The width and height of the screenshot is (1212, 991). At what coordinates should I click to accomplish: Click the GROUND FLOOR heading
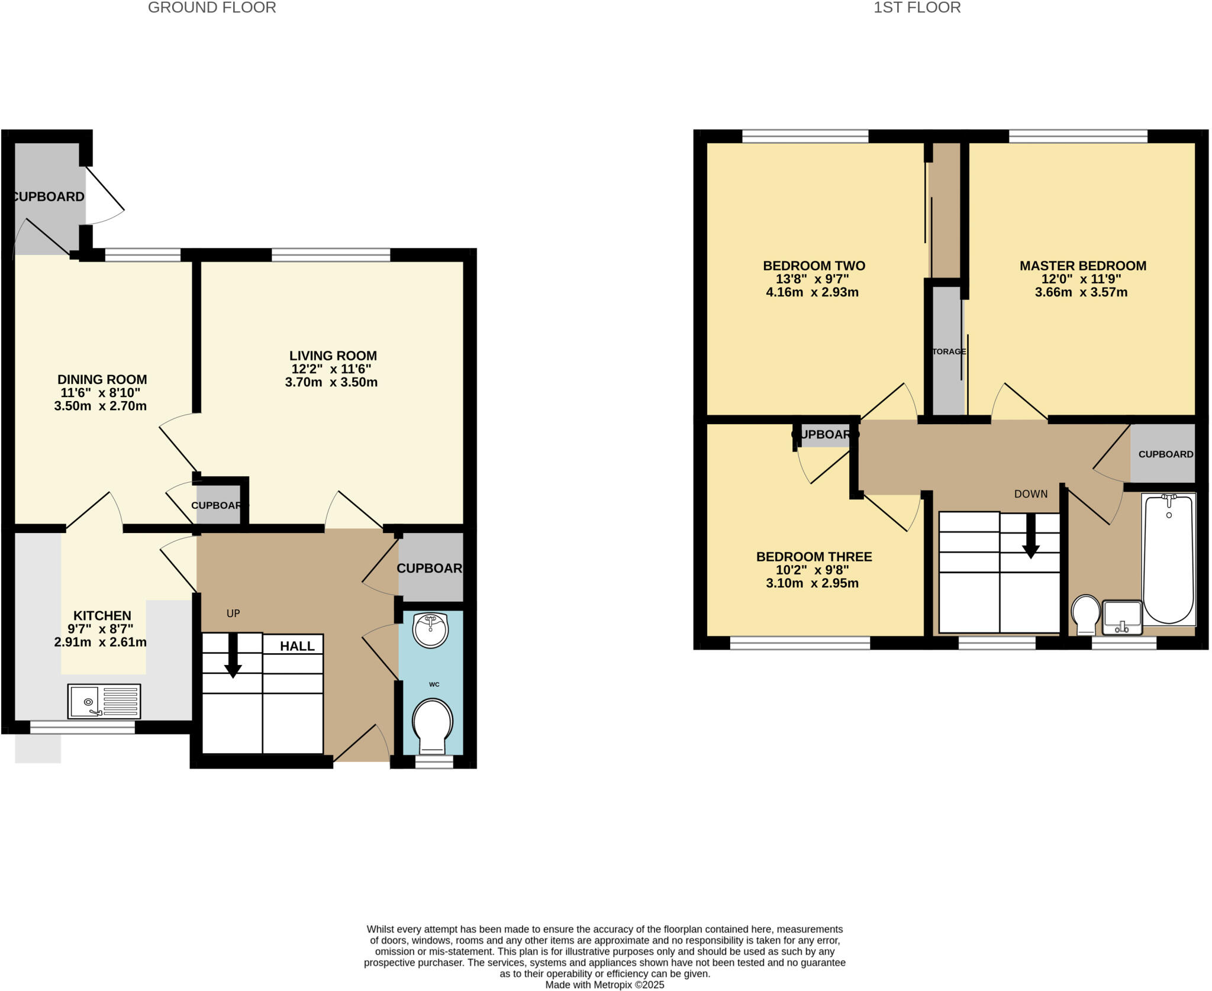(212, 8)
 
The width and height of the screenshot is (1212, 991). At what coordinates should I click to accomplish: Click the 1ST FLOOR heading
(917, 8)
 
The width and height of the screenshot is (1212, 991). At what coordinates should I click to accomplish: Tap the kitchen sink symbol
(104, 701)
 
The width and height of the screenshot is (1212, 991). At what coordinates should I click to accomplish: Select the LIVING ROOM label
(333, 356)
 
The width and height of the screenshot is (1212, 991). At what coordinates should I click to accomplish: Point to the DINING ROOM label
(102, 379)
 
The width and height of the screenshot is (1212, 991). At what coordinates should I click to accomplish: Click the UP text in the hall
(233, 614)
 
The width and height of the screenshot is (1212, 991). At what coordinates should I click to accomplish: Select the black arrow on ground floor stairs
(233, 657)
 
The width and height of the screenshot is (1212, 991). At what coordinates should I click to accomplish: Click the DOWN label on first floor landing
(1030, 494)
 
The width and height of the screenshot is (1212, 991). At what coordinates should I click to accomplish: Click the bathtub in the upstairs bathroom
(1168, 559)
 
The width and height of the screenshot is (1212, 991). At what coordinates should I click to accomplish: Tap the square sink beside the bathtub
(1122, 617)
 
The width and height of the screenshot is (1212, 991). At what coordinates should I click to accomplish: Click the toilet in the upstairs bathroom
(1086, 614)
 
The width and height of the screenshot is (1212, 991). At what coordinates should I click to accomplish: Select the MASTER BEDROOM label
(1082, 266)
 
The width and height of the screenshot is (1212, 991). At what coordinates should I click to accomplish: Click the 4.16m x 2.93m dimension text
(812, 292)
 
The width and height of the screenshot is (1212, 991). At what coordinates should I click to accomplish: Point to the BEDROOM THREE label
(814, 557)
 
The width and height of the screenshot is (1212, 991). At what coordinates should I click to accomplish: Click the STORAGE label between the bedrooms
(949, 351)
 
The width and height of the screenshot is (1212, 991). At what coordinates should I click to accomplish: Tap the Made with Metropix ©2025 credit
(604, 985)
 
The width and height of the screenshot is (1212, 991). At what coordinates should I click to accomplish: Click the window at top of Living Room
(331, 255)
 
